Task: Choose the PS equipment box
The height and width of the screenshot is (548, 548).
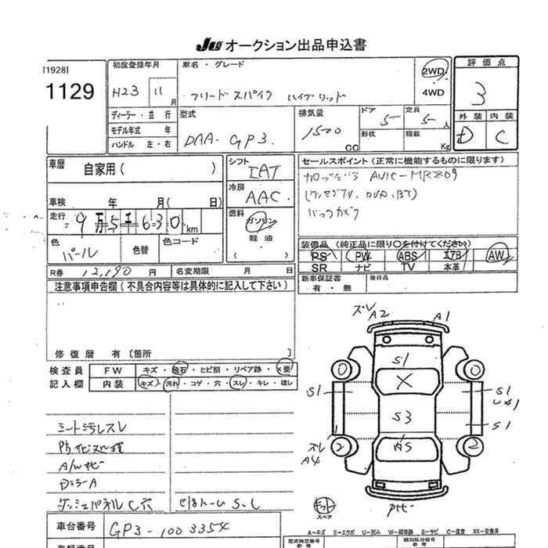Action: [x=319, y=255]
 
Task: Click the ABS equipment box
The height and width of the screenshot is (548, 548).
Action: [x=407, y=255]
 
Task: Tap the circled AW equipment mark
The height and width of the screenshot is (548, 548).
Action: [x=495, y=255]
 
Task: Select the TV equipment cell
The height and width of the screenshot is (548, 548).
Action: [x=407, y=267]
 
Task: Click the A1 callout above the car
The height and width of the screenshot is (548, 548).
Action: [x=444, y=317]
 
